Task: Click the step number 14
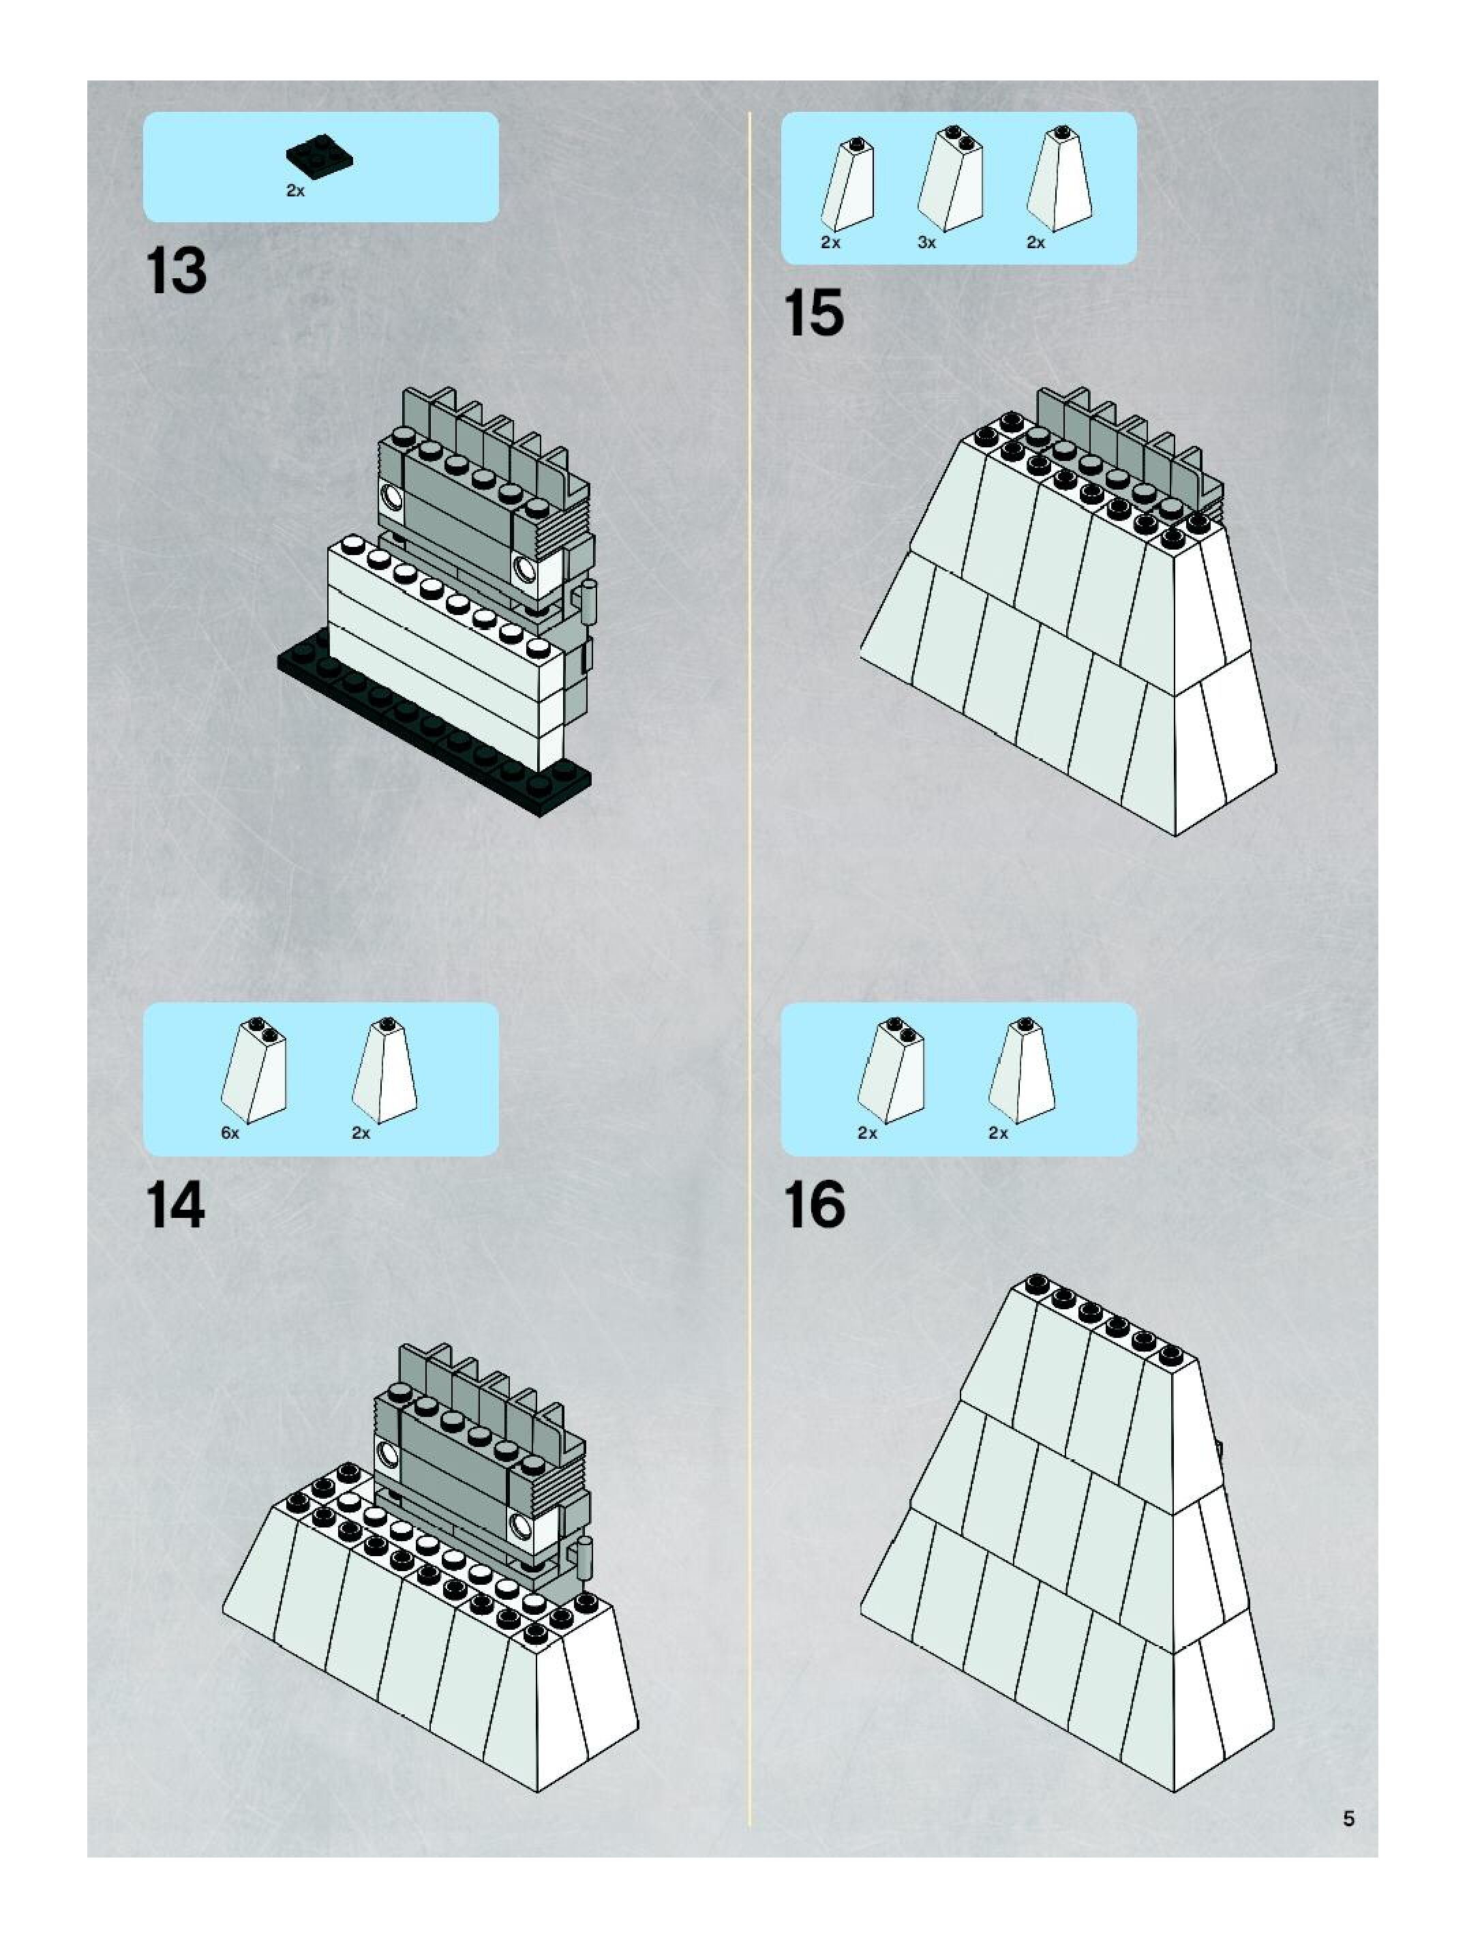coord(176,1206)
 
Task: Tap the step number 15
coord(814,313)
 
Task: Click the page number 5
coord(1349,1818)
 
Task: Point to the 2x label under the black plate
coord(295,191)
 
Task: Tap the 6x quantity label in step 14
coord(230,1133)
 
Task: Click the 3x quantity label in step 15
coord(926,243)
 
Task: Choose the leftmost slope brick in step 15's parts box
coord(848,184)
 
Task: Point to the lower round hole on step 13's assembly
coord(526,569)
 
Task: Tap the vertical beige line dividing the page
coord(750,964)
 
